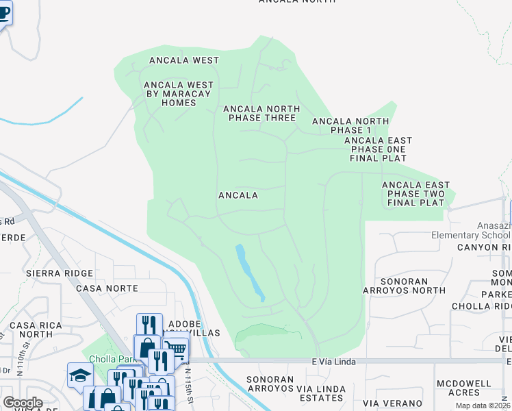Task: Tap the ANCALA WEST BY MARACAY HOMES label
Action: click(x=178, y=94)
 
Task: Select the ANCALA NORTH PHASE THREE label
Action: click(x=261, y=113)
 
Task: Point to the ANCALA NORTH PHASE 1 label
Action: click(x=350, y=125)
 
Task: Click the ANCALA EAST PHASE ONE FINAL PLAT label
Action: click(x=378, y=149)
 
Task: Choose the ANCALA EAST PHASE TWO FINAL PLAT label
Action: click(x=415, y=194)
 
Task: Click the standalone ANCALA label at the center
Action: click(x=238, y=195)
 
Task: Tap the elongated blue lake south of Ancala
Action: click(x=250, y=273)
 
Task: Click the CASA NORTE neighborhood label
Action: click(x=107, y=289)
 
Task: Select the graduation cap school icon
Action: click(x=80, y=375)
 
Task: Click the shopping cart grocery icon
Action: click(x=176, y=350)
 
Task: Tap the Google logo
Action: click(x=23, y=403)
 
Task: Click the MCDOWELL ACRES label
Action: click(x=457, y=388)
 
